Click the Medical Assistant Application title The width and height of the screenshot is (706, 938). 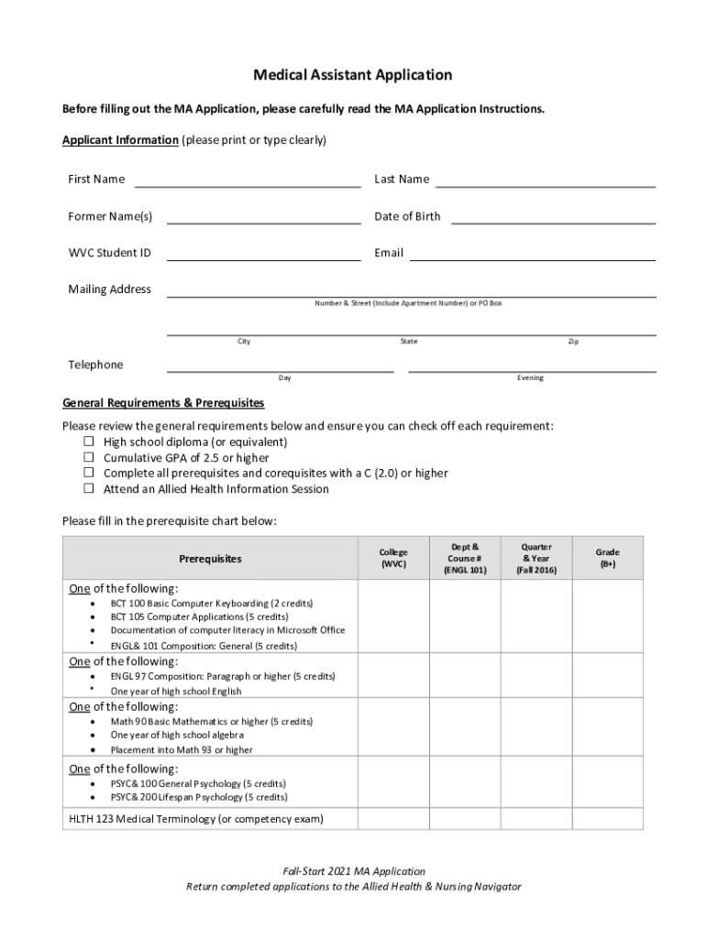[x=353, y=75]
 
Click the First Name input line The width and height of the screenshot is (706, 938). [x=248, y=181]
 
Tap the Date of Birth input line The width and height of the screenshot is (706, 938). [x=553, y=218]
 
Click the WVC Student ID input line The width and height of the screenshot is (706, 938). [x=263, y=255]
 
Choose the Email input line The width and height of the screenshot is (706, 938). [x=532, y=255]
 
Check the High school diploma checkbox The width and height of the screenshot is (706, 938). [x=90, y=442]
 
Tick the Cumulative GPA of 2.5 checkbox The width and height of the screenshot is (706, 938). [x=90, y=457]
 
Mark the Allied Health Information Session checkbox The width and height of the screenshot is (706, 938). [x=90, y=488]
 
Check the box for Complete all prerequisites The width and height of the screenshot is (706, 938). [x=90, y=473]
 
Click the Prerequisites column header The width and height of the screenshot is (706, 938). [x=210, y=558]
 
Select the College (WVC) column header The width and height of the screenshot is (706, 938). [x=393, y=558]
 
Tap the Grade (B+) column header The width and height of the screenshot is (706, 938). [x=607, y=558]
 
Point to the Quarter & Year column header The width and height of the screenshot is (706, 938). [x=535, y=558]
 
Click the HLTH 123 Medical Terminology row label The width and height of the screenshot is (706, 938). [x=196, y=818]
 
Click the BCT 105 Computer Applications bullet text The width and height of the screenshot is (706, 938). [x=199, y=616]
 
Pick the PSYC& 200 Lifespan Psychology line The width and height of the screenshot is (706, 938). [x=198, y=797]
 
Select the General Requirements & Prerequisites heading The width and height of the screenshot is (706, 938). [x=163, y=403]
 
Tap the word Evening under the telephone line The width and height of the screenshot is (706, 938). [x=530, y=378]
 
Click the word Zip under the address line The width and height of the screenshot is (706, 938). [x=573, y=342]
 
